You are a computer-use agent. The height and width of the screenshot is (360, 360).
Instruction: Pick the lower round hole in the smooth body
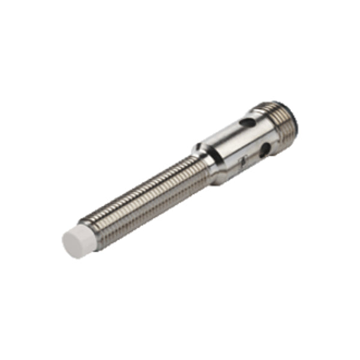264,152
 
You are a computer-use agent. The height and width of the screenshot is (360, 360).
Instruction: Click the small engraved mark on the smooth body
243,161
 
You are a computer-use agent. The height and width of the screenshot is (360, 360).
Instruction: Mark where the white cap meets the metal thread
90,229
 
